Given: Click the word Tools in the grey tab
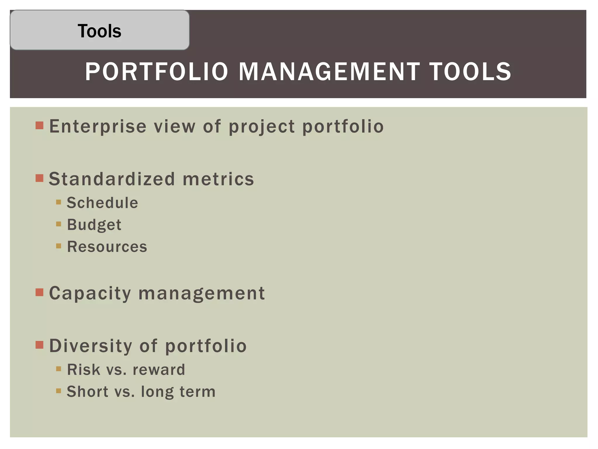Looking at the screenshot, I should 99,31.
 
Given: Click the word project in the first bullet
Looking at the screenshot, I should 262,127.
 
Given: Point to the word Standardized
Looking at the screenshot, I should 112,179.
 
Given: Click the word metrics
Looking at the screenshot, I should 218,179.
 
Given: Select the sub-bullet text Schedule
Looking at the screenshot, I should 102,203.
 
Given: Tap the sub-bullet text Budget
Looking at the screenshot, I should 94,225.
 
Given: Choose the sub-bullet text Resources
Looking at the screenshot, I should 107,246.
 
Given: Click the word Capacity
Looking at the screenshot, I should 90,293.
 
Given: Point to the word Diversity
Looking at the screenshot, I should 91,346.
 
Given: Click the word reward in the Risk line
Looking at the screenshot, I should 159,369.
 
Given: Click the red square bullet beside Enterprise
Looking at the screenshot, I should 39,126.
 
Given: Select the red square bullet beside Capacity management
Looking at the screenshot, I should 39,292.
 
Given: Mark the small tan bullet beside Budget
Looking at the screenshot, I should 59,224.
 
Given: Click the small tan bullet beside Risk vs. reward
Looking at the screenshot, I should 59,369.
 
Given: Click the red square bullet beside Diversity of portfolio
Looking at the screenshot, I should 39,345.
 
